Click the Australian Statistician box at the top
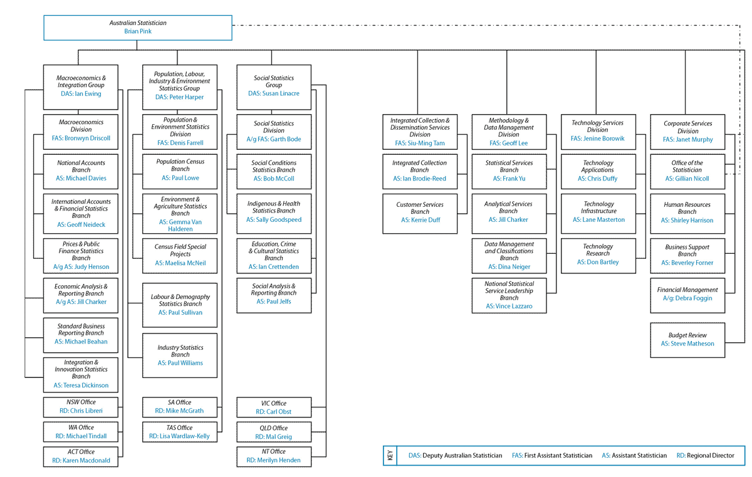[137, 27]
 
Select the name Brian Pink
[138, 31]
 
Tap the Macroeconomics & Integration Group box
[81, 86]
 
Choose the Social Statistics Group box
[274, 86]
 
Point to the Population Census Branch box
[180, 169]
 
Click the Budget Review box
[687, 340]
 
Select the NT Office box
[274, 456]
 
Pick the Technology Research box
[598, 254]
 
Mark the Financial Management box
[687, 295]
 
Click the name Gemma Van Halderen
[180, 226]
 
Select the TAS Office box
[180, 432]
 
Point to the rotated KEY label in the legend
[390, 456]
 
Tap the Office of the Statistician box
[687, 171]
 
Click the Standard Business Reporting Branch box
[81, 334]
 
